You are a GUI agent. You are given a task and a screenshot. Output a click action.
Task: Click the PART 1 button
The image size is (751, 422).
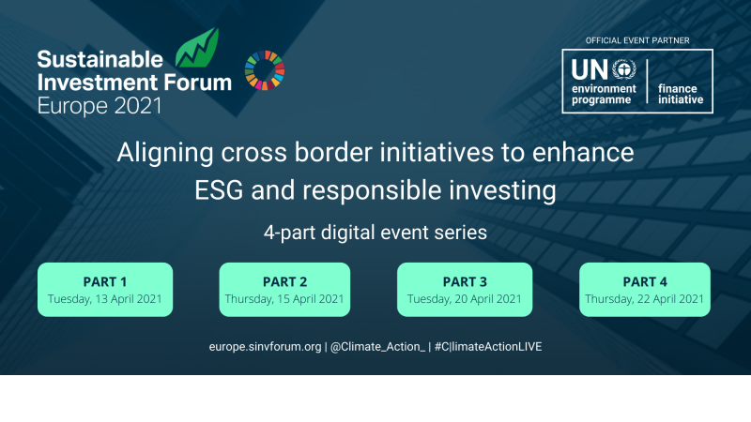pyautogui.click(x=105, y=289)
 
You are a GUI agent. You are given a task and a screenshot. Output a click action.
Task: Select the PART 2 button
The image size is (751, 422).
pyautogui.click(x=284, y=289)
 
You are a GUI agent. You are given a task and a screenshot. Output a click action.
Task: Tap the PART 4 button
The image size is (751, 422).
pyautogui.click(x=645, y=289)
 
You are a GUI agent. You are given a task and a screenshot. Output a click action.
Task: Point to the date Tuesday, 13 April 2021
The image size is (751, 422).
pyautogui.click(x=105, y=299)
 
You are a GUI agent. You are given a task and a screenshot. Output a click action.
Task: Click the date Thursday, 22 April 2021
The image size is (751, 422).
pyautogui.click(x=645, y=299)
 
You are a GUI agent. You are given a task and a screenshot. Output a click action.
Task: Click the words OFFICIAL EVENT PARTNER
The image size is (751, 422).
pyautogui.click(x=636, y=40)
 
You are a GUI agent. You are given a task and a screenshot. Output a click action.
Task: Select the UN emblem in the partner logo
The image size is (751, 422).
pyautogui.click(x=624, y=68)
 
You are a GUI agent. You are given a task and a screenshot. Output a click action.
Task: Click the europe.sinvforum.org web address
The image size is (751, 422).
pyautogui.click(x=266, y=347)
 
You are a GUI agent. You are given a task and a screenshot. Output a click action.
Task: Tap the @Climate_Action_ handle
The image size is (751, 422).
pyautogui.click(x=376, y=347)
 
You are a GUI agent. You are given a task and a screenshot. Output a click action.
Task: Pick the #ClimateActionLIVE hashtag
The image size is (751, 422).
pyautogui.click(x=488, y=347)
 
